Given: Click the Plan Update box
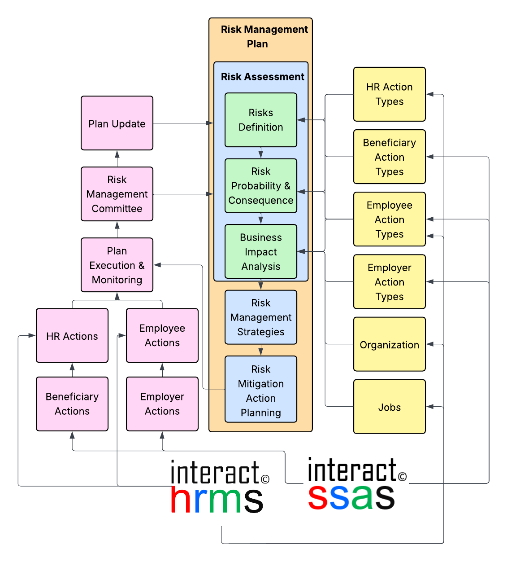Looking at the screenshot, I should tap(117, 123).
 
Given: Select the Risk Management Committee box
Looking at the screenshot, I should tap(117, 194).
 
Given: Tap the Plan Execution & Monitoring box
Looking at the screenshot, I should tap(117, 265).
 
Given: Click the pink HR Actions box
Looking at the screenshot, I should tap(72, 335).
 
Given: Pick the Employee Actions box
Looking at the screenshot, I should tap(162, 335).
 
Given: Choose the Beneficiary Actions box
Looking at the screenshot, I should tap(72, 404).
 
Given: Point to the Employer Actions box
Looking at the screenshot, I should tap(162, 404).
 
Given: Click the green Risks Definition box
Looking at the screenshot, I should tap(261, 120).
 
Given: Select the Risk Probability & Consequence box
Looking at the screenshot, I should tap(261, 186).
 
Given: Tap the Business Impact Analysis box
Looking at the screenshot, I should tap(261, 251).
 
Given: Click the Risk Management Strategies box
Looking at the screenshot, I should tap(261, 317).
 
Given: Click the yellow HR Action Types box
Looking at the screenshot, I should tap(390, 94).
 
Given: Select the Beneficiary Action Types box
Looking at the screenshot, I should tap(390, 157).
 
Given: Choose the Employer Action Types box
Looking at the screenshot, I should tap(390, 281).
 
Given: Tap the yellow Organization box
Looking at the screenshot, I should tap(390, 344).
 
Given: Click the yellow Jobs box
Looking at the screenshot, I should tap(390, 407).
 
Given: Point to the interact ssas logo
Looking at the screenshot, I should tap(356, 483).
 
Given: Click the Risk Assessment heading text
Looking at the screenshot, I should tap(263, 77).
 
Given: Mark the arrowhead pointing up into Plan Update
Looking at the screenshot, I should tap(117, 154).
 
